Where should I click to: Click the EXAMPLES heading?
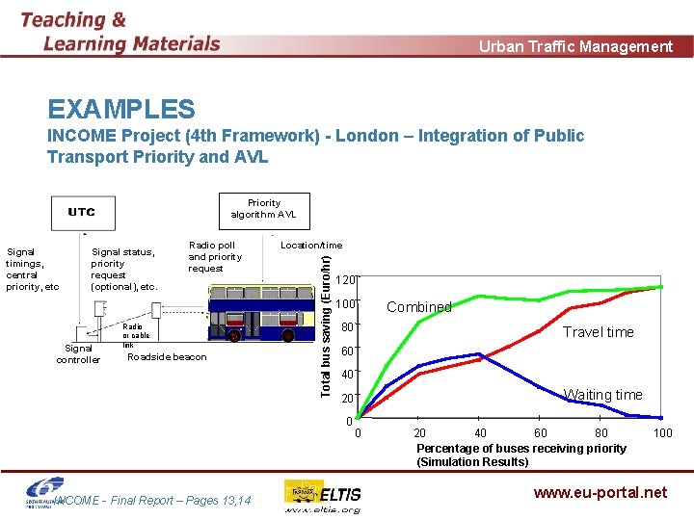(120, 110)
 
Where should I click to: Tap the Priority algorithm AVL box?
(263, 209)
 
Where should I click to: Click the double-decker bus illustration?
(266, 319)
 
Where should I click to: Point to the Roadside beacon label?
(167, 357)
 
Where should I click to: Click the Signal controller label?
(78, 353)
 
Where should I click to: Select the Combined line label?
(418, 307)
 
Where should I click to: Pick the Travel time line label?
(598, 332)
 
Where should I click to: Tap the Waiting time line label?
(602, 395)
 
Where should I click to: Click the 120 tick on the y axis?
(347, 280)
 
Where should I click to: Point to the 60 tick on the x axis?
(540, 433)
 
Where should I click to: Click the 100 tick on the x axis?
(663, 433)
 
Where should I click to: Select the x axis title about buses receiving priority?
(520, 455)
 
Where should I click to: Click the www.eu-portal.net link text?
(600, 492)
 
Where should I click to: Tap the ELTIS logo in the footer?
(323, 496)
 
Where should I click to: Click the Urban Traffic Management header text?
(575, 46)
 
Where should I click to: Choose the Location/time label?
(310, 246)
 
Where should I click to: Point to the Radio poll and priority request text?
(214, 256)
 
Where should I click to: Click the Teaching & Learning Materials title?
(120, 32)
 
